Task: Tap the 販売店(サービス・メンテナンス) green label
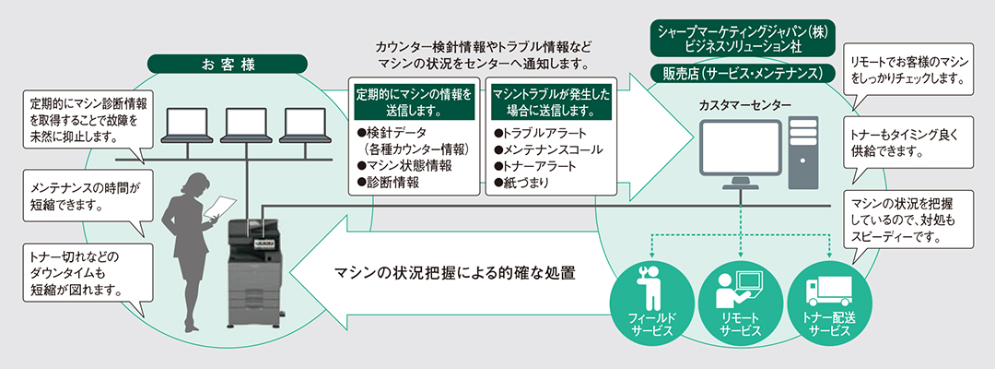point(743,73)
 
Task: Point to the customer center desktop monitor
point(738,151)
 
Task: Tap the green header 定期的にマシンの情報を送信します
point(419,103)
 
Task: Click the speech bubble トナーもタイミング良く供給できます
point(907,141)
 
